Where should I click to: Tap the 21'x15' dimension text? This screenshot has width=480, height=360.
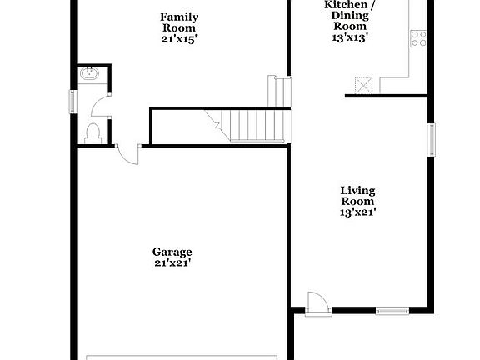179,39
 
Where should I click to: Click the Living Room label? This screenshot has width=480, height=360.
357,196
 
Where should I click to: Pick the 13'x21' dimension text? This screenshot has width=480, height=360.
357,212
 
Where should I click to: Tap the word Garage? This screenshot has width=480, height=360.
172,252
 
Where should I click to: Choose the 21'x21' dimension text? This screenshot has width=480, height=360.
172,263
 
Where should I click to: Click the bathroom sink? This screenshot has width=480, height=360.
88,75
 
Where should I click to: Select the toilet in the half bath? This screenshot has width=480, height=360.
92,132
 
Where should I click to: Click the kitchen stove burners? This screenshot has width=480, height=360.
418,37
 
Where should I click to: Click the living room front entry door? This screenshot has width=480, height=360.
317,302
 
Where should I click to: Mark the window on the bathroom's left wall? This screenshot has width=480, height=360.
72,101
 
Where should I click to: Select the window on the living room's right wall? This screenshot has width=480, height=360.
432,139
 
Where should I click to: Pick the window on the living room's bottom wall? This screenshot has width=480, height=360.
388,312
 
